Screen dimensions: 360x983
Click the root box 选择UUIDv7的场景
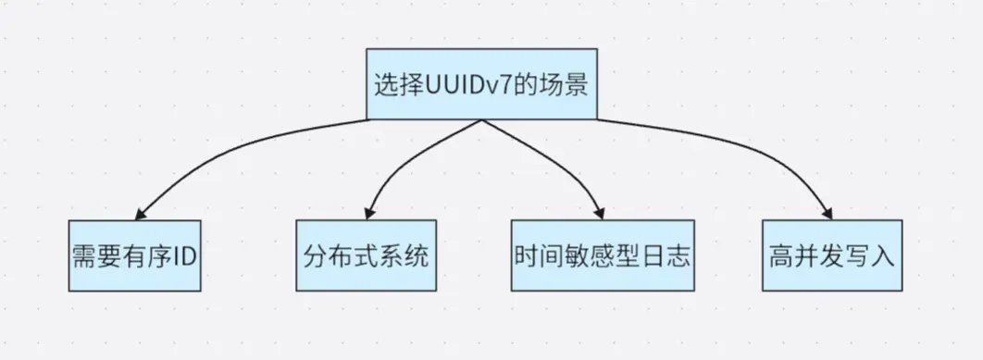pyautogui.click(x=480, y=84)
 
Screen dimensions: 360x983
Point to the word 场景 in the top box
pyautogui.click(x=566, y=85)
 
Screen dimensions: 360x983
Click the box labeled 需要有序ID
pyautogui.click(x=134, y=255)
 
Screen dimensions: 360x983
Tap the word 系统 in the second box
pyautogui.click(x=409, y=256)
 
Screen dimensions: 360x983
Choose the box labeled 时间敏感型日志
pyautogui.click(x=601, y=255)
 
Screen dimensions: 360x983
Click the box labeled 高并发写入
pyautogui.click(x=831, y=255)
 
